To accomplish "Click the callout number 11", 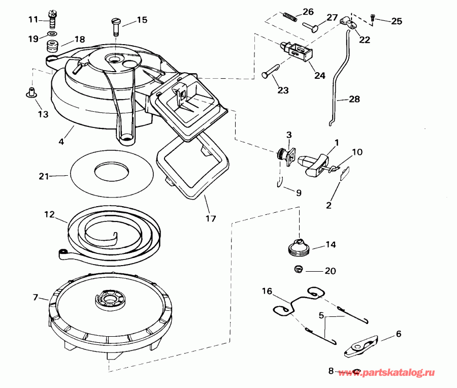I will tap(32, 19).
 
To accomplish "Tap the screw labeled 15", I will tap(115, 25).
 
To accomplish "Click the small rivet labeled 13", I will tap(31, 92).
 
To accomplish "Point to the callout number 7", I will tap(36, 297).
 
